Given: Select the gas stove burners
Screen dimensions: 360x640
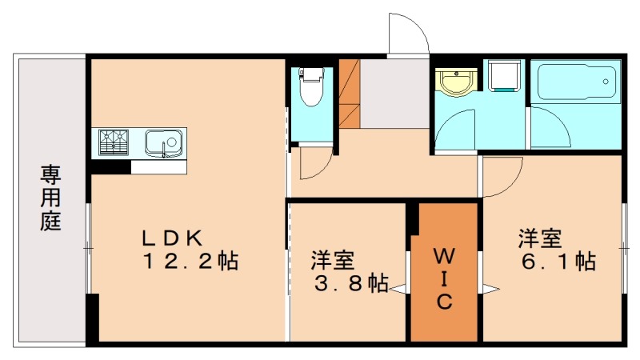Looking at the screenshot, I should [114, 142].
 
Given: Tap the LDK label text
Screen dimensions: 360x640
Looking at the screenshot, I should [174, 238].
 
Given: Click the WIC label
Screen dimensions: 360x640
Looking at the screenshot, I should [444, 278].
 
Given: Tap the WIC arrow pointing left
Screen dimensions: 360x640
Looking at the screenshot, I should [398, 289].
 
